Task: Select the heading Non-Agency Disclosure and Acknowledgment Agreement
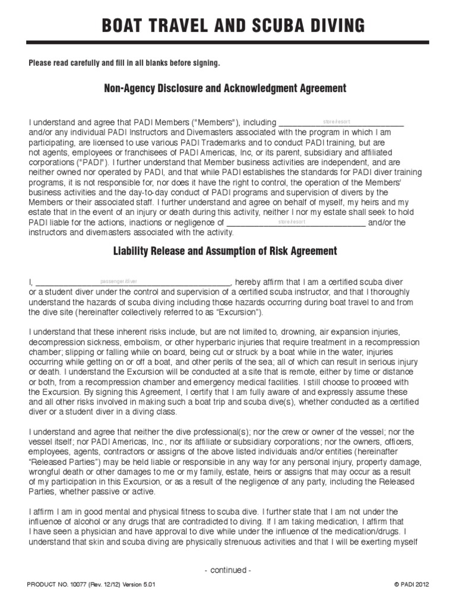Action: click(x=225, y=88)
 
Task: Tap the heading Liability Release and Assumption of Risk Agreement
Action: click(x=225, y=251)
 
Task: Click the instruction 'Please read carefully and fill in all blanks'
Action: click(x=124, y=63)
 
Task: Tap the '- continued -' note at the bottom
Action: click(x=228, y=570)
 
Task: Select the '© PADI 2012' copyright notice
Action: click(x=411, y=585)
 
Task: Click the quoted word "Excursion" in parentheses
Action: click(x=236, y=313)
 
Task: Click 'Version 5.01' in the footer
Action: click(x=140, y=585)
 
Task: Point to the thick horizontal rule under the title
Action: click(x=228, y=43)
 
